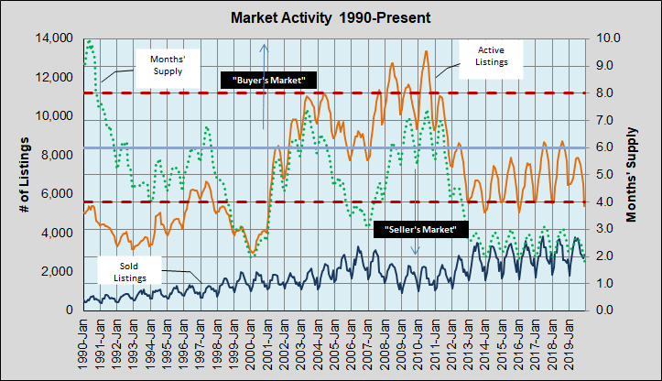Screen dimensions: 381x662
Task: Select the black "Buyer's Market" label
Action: coord(269,81)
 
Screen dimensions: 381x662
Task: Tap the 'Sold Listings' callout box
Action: coord(129,270)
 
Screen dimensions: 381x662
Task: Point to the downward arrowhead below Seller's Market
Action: coord(415,251)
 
